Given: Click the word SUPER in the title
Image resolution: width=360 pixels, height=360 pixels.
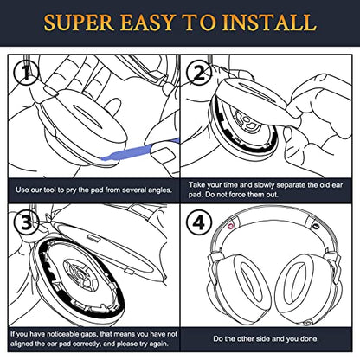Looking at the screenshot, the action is pos(79,22).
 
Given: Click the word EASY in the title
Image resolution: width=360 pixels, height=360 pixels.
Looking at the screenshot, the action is pos(148,22).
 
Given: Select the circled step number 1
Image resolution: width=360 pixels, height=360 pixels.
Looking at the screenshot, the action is pos(27,73).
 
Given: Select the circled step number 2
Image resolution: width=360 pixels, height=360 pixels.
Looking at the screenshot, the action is pos(199,73).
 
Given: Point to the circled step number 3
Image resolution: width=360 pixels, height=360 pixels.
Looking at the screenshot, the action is pos(27,222).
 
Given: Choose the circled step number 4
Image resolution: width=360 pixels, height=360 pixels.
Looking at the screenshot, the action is pos(199,222).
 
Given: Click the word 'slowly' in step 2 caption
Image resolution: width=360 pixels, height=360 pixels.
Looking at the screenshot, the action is pos(265,184).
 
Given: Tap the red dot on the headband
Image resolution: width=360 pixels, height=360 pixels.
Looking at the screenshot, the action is pos(230,227).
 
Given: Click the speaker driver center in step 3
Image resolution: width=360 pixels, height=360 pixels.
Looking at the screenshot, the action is pos(79,275).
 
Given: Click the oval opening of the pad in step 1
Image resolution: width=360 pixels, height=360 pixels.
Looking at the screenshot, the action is pos(88,116).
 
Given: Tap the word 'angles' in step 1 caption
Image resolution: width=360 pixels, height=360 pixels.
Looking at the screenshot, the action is pos(160,190).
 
